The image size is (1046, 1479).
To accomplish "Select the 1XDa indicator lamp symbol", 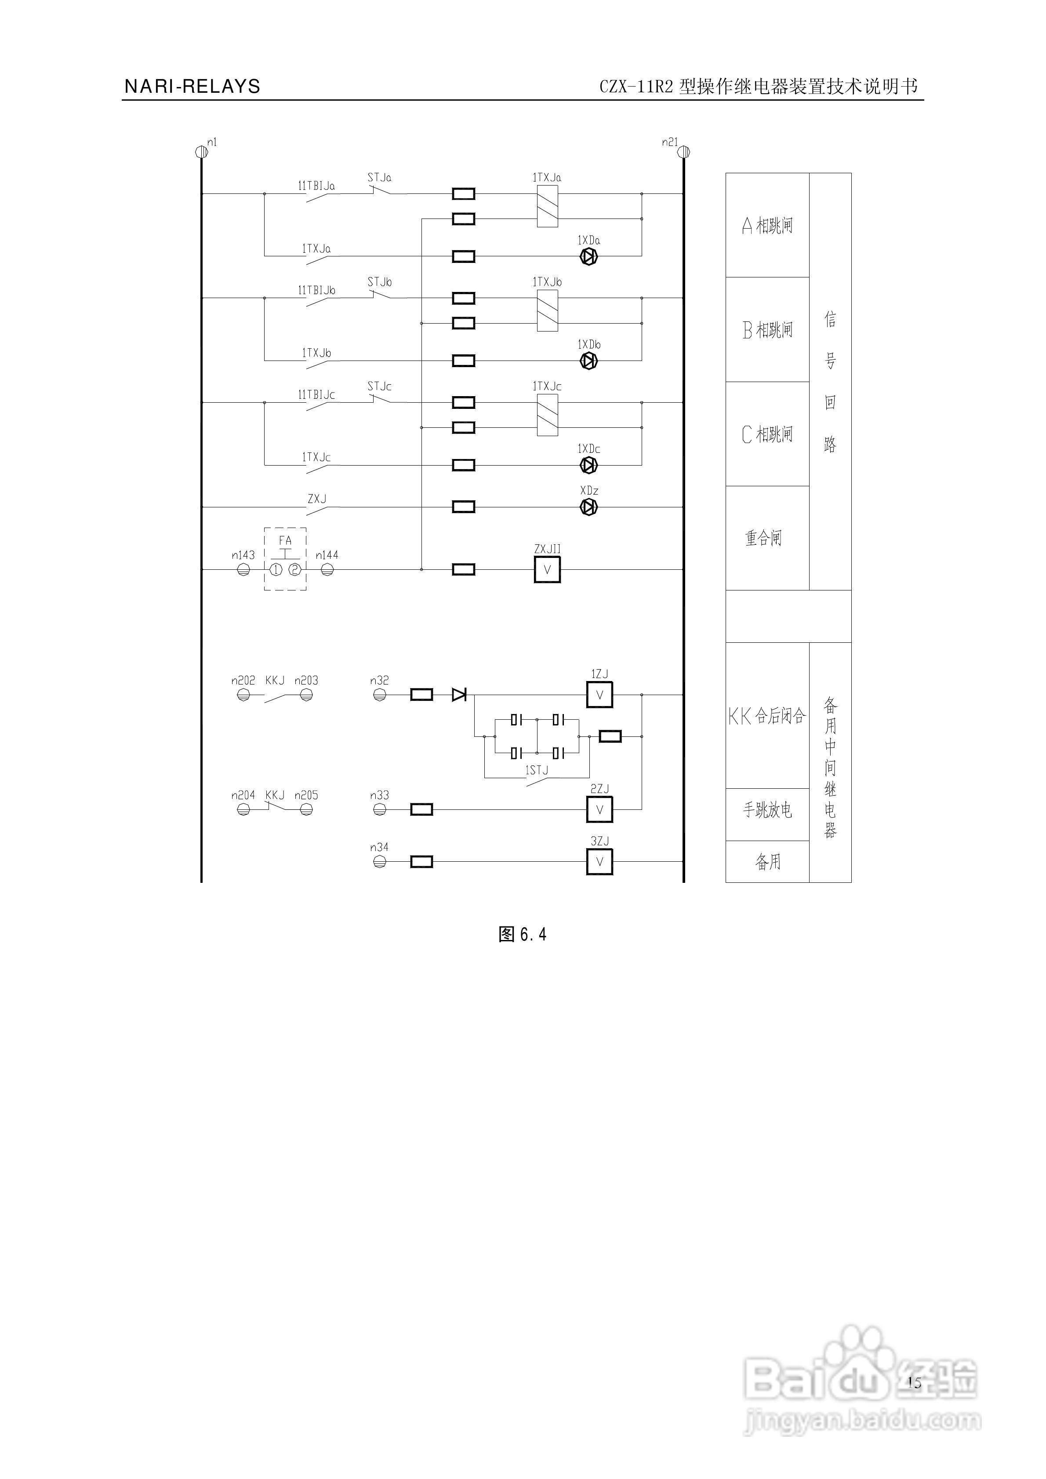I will click(588, 256).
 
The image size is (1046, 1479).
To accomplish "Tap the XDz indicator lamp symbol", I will click(588, 507).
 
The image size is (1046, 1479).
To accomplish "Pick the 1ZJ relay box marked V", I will click(599, 695).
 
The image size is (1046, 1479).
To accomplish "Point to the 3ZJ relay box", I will click(599, 861).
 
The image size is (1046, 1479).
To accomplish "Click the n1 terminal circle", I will click(200, 152).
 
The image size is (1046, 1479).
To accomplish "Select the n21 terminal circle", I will click(684, 152).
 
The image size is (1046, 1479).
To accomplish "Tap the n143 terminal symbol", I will click(243, 569).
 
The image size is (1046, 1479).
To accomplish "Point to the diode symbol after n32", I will click(459, 694).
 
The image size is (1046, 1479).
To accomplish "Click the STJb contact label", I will click(379, 282).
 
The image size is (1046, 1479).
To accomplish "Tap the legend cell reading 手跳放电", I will click(767, 810).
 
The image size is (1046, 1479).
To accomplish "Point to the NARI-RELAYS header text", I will click(192, 86).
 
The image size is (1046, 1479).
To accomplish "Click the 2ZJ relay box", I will click(599, 810).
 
